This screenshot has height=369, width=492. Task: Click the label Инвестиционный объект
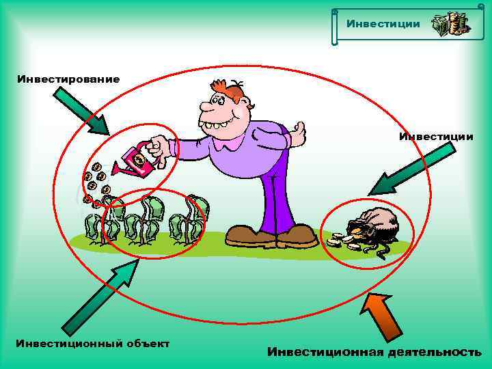click(x=92, y=342)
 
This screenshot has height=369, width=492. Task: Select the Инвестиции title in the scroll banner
click(x=383, y=24)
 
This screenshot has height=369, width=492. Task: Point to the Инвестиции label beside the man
click(x=436, y=137)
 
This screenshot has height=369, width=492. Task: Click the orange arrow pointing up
click(x=382, y=315)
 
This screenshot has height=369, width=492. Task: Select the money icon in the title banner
click(x=450, y=24)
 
